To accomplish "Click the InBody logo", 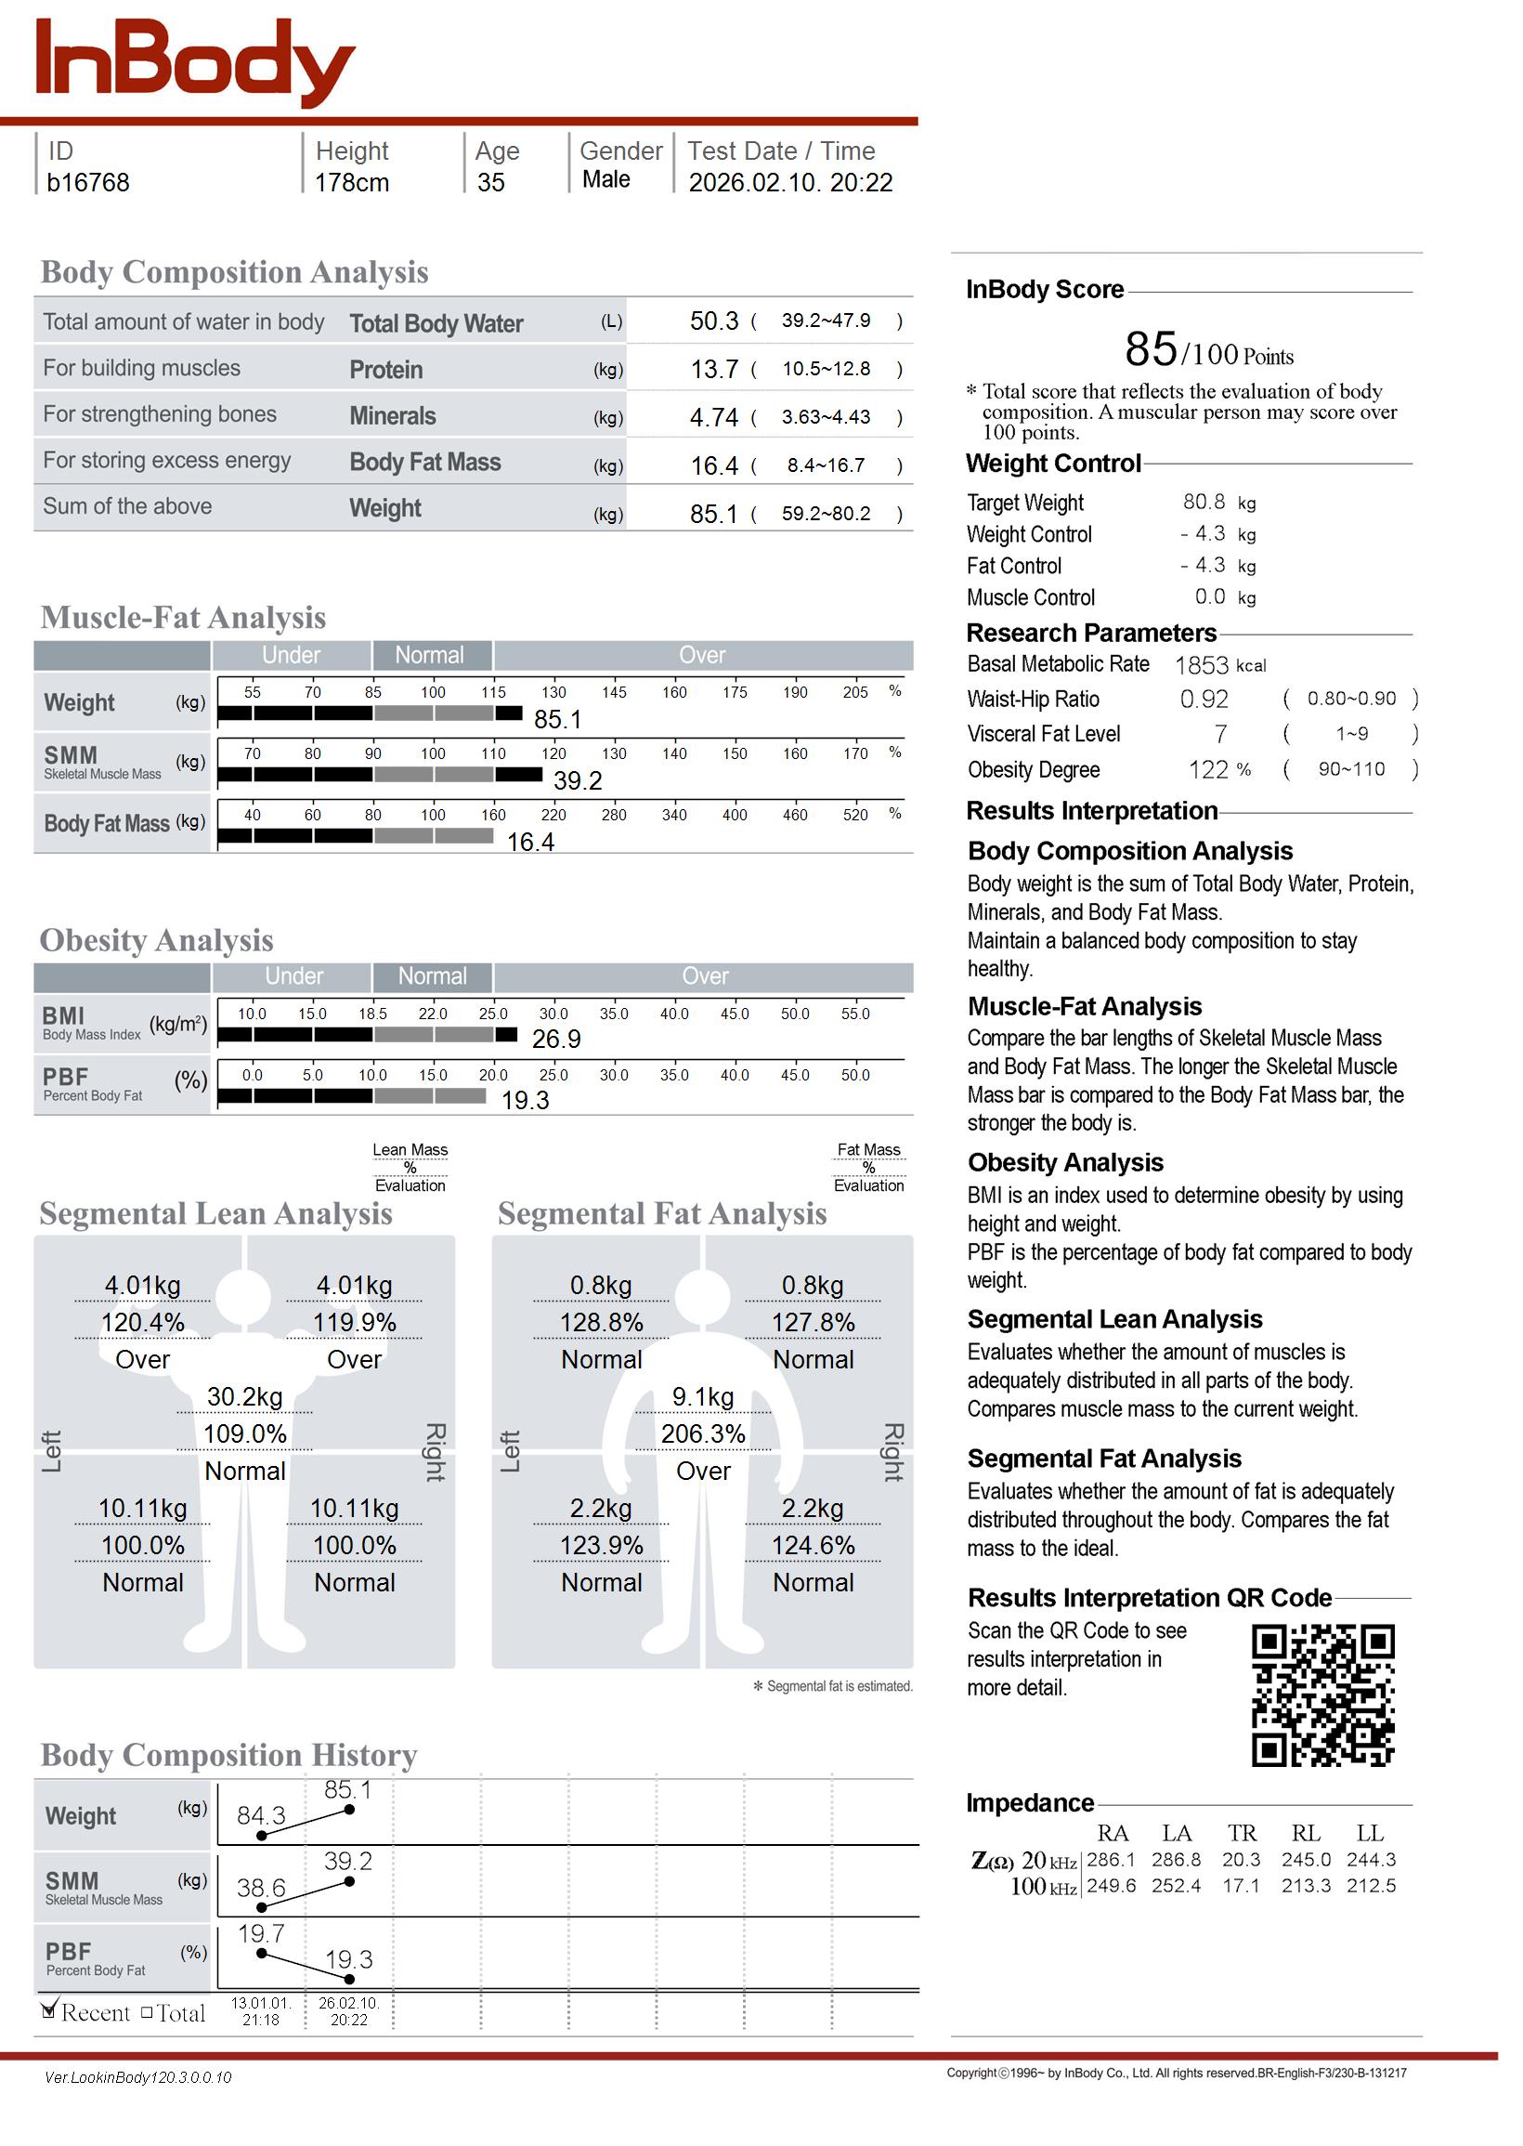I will pos(195,62).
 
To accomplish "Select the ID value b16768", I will pos(88,183).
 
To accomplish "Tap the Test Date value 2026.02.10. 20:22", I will pos(790,183).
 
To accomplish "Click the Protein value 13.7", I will pos(715,370).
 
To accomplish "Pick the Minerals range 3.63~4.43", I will pos(826,416).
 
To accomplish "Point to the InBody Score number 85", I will pos(1151,350).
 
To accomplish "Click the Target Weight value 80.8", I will pos(1204,503).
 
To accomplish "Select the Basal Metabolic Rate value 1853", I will pos(1202,666).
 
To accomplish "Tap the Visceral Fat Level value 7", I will pos(1220,735).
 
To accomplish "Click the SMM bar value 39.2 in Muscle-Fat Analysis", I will pos(578,781).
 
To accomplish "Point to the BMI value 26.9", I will pos(556,1040).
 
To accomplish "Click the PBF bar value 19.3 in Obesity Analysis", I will pos(526,1101).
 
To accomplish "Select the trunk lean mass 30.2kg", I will pos(245,1397).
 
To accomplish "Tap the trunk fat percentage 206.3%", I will pos(703,1434).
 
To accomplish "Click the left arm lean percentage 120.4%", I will pos(142,1324).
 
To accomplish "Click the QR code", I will pos(1322,1695).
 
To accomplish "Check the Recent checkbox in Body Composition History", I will pos(49,2012).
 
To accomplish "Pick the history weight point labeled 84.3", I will pos(262,1836).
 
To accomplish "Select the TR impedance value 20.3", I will pos(1242,1860).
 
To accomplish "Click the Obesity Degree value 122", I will pos(1208,770).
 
